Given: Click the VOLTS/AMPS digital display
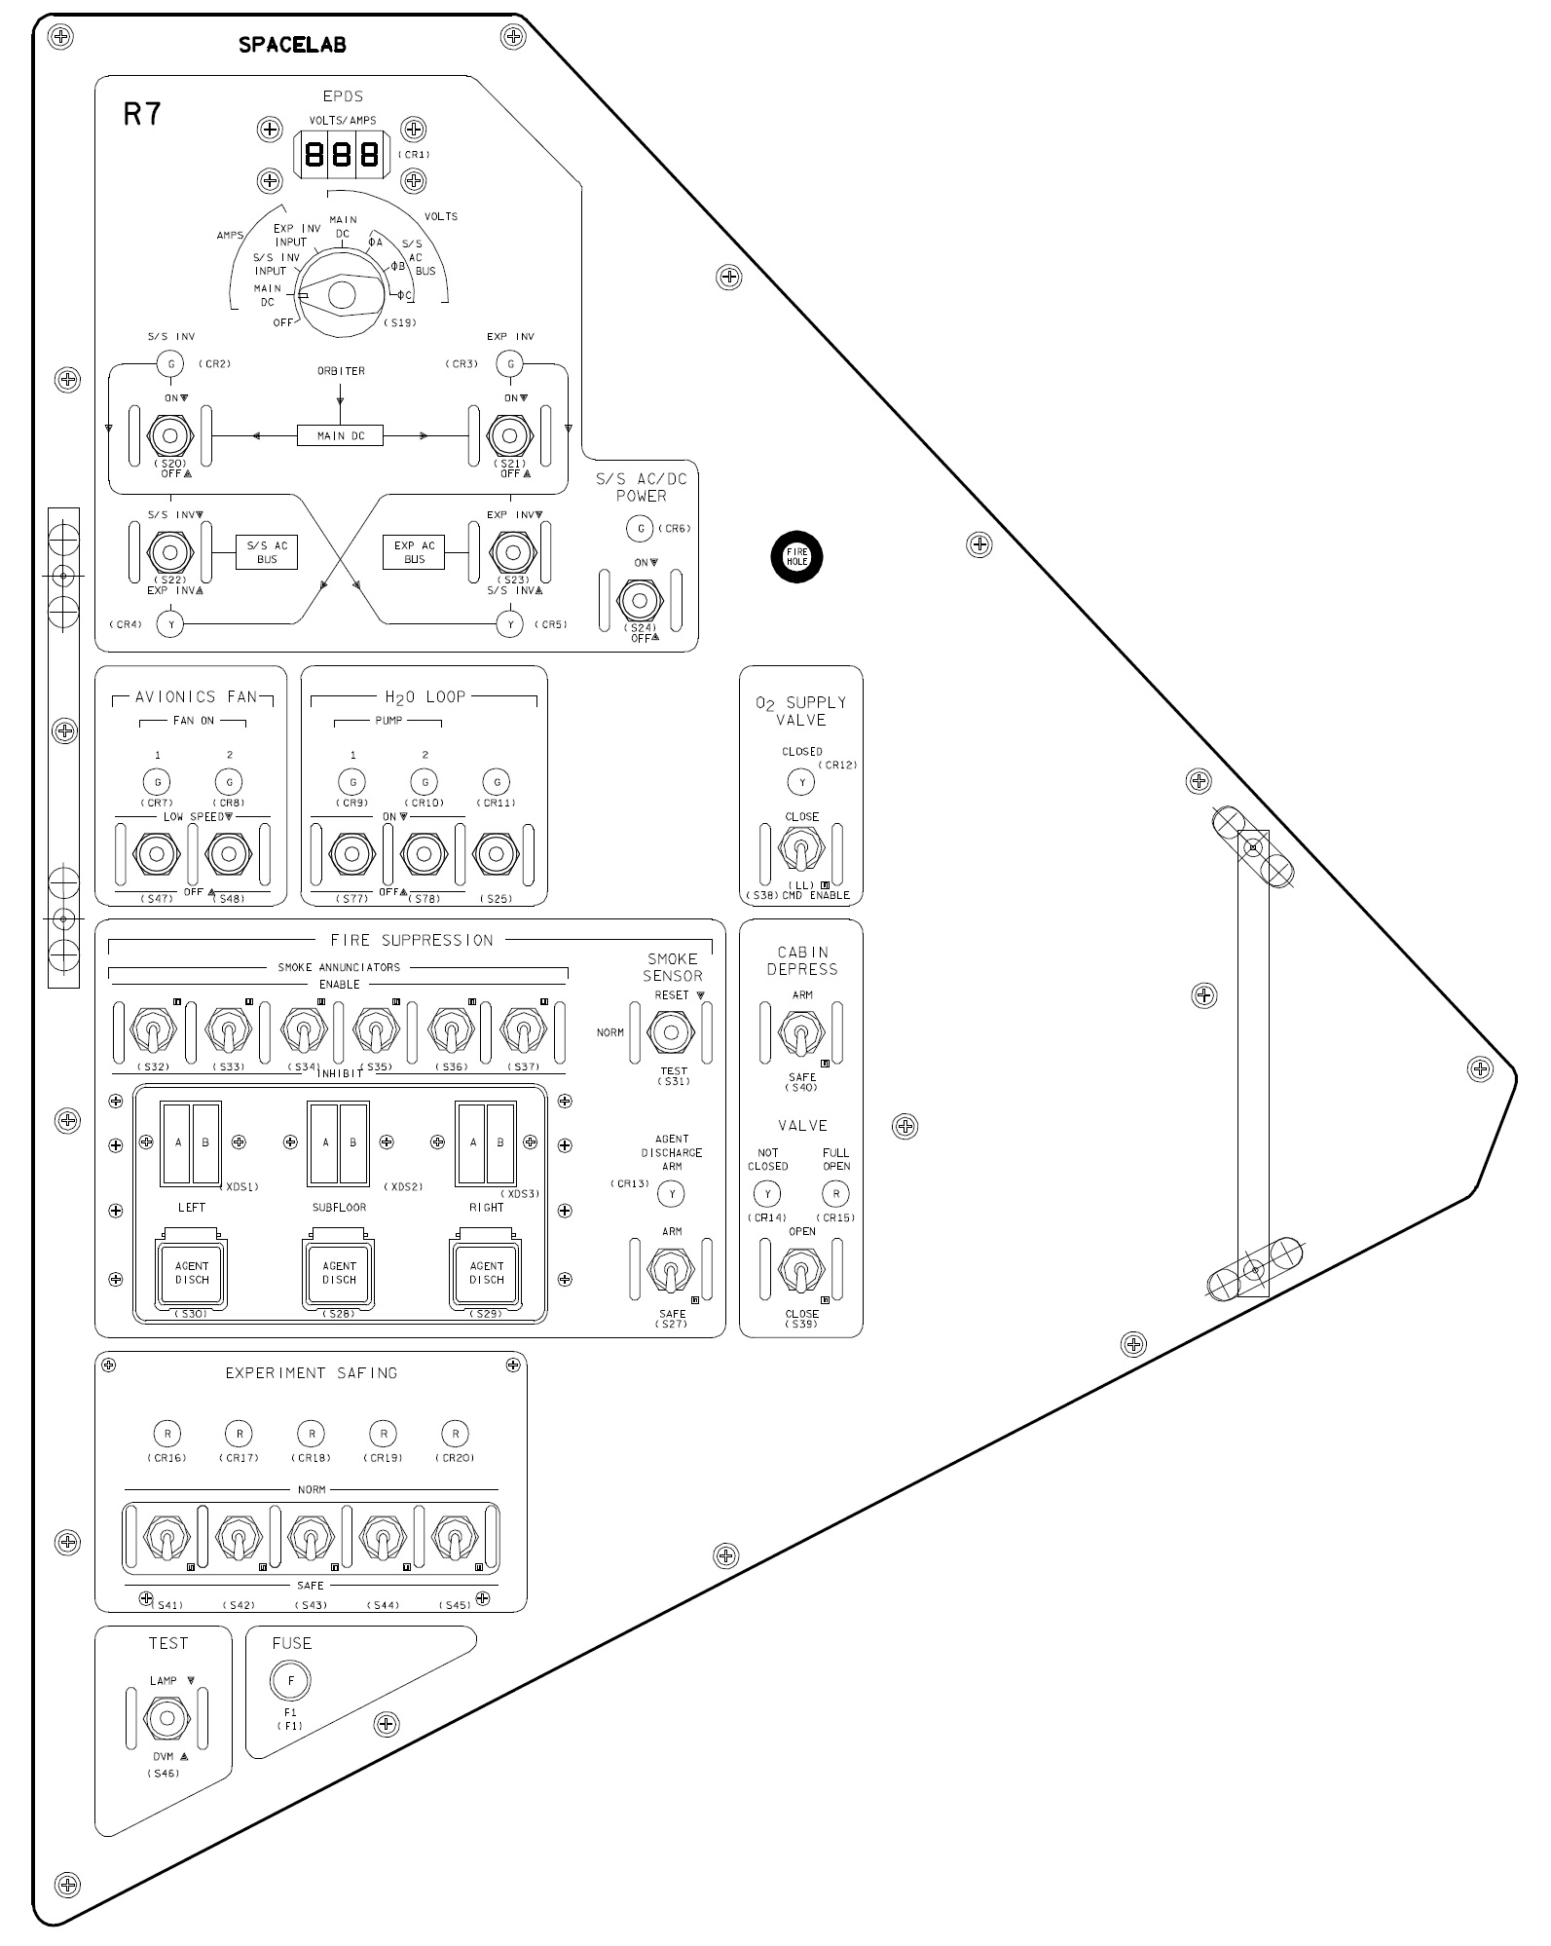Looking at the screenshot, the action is point(341,155).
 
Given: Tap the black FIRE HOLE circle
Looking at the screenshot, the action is point(797,557).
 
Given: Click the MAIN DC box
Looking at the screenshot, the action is point(340,435).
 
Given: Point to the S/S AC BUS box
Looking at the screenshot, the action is point(267,552).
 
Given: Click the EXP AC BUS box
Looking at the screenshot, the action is point(414,552).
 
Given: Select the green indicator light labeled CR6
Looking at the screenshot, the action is point(640,529).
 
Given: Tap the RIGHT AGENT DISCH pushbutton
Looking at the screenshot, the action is point(486,1273).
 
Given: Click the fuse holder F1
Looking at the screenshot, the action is point(290,1680).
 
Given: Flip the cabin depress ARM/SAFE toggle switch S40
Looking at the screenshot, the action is point(801,1033).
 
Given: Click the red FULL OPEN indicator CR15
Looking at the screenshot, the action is point(835,1193).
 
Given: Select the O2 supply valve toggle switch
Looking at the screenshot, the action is point(801,850).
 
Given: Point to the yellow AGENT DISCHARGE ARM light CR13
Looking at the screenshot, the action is point(671,1193).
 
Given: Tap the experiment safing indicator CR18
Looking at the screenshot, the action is point(311,1434).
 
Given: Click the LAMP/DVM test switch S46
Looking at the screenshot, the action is point(166,1717).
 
